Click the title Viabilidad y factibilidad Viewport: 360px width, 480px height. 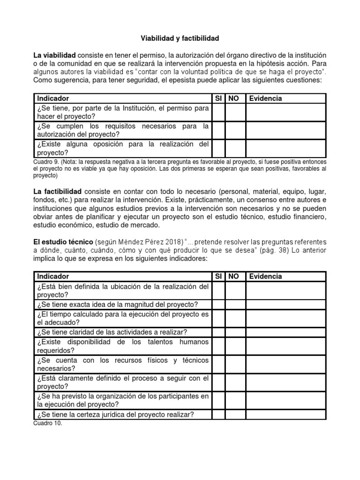coord(180,37)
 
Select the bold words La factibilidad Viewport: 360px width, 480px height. coord(57,192)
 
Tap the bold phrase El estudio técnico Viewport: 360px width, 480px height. coord(63,241)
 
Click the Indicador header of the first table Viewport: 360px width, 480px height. coord(53,98)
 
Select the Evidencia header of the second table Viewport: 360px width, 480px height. coord(265,277)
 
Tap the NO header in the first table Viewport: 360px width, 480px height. coord(233,98)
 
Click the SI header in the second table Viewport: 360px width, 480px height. coord(218,277)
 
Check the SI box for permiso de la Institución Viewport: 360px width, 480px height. coord(218,112)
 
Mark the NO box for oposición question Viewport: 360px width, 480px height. coord(235,148)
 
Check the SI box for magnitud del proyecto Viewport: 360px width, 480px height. coord(218,305)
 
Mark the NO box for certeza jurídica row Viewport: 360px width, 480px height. coord(235,414)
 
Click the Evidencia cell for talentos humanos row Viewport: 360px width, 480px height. coord(285,346)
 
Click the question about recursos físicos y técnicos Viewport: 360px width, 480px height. coord(122,365)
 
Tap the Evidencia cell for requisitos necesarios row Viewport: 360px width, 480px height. coord(285,130)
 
